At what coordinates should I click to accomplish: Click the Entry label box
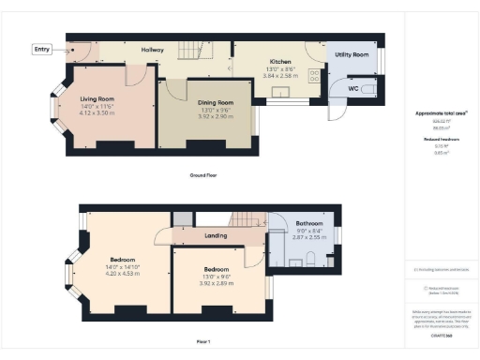[x=42, y=49]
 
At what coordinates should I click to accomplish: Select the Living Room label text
[x=97, y=97]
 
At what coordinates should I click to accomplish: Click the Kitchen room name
[x=281, y=60]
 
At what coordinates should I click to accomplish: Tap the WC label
[x=353, y=89]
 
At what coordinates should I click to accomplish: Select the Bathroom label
[x=309, y=224]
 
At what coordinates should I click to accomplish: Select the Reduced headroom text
[x=441, y=139]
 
